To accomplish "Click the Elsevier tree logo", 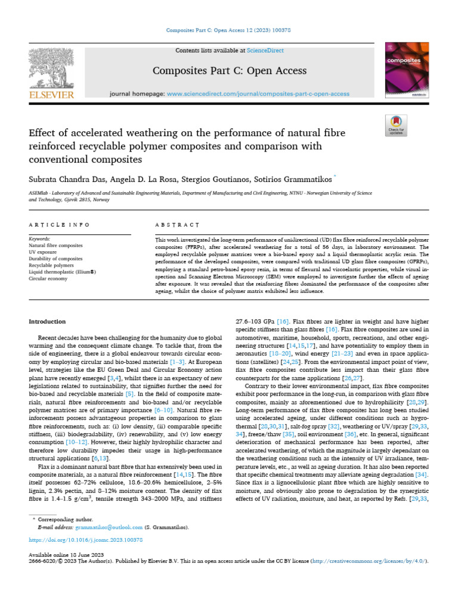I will tap(51, 66).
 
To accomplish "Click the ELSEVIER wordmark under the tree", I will tap(51, 95).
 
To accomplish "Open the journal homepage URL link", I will tap(258, 94).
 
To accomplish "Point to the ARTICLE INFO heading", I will tap(59, 225).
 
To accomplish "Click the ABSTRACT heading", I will tap(177, 225).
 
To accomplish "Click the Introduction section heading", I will tap(48, 322).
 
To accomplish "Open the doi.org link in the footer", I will tap(86, 540).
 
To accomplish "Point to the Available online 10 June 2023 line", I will tap(67, 555).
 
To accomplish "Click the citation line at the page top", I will tap(228, 30).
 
